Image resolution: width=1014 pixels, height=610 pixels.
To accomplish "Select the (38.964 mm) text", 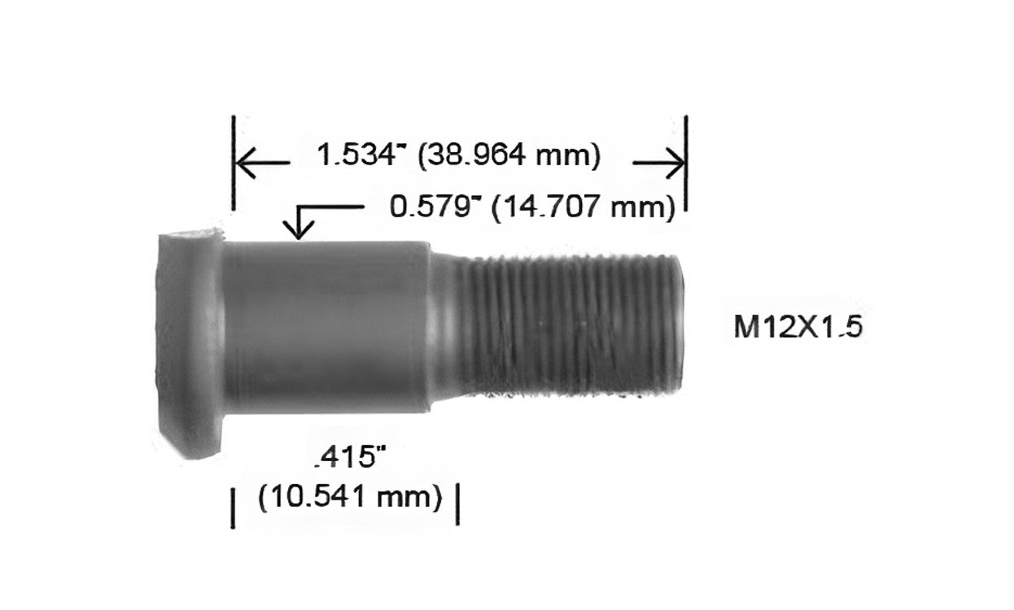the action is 509,156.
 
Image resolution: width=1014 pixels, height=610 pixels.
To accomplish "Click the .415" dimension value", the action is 351,456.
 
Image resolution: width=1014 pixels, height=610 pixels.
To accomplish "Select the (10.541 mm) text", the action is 350,497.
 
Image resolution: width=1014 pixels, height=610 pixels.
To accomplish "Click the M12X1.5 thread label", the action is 798,326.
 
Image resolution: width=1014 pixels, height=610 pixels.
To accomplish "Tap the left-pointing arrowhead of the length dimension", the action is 246,162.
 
